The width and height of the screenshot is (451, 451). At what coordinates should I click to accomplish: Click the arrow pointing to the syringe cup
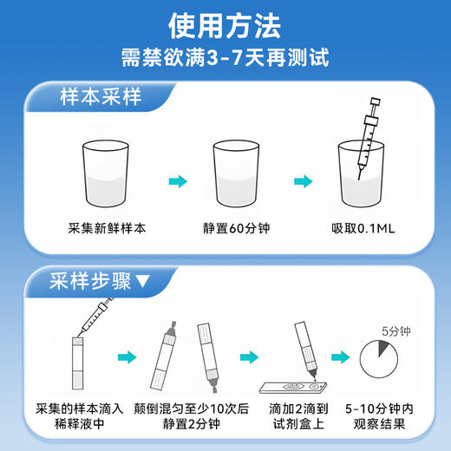303,181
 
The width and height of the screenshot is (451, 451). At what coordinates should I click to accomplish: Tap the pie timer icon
382,357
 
